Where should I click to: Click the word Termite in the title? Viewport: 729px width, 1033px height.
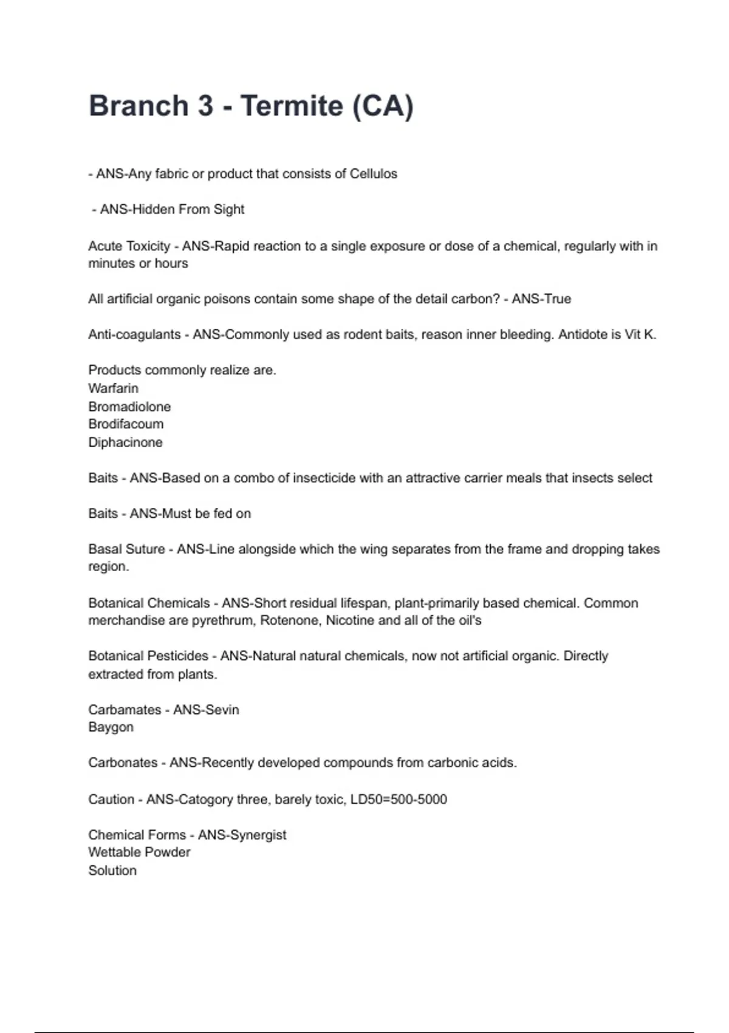coord(292,106)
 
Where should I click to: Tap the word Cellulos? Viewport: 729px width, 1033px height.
coord(373,174)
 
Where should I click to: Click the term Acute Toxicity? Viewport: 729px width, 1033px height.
coord(129,246)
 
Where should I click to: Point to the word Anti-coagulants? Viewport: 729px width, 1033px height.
coord(134,335)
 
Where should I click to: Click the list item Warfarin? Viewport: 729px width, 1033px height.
coord(113,388)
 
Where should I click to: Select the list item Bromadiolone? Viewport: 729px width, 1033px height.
coord(129,407)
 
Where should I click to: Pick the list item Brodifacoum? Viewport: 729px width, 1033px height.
coord(126,424)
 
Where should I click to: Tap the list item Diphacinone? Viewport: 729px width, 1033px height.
coord(125,442)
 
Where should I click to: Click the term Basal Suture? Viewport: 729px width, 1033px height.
coord(126,549)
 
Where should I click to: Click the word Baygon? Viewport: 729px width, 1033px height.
coord(111,727)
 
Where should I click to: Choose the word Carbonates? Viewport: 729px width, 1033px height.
coord(123,763)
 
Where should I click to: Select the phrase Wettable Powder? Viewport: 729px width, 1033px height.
coord(139,853)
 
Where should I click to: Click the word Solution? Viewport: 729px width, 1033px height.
coord(112,871)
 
